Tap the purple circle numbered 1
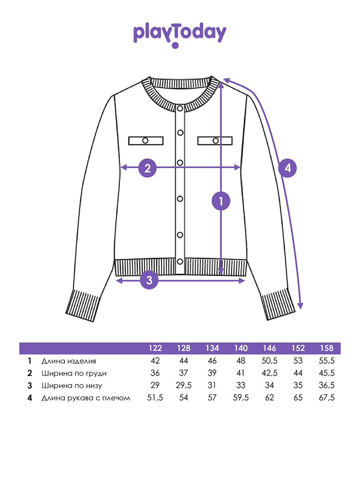[x=221, y=201]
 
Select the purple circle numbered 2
[x=148, y=168]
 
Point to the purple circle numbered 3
[x=149, y=280]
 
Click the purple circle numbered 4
[x=288, y=168]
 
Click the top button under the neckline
[x=180, y=108]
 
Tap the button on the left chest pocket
[x=145, y=141]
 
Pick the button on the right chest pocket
[x=216, y=141]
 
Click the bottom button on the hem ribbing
[x=180, y=261]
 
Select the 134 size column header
[x=212, y=348]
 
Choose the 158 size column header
[x=326, y=348]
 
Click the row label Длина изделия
[x=69, y=361]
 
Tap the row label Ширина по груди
[x=74, y=373]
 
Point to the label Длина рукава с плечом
[x=86, y=398]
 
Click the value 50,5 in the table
[x=269, y=361]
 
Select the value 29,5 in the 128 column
[x=183, y=385]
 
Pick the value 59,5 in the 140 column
[x=241, y=398]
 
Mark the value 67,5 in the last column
[x=326, y=398]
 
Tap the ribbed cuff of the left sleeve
[x=83, y=306]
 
